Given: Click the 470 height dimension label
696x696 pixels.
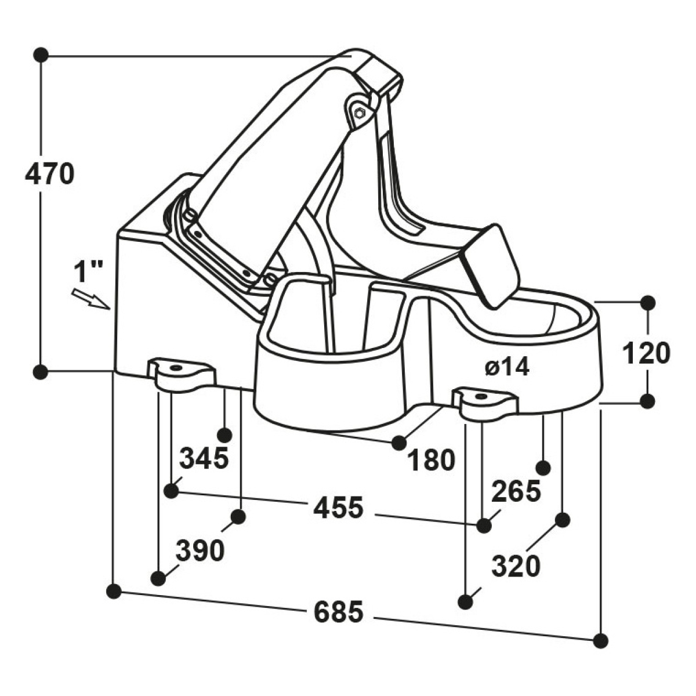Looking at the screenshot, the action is point(49,174).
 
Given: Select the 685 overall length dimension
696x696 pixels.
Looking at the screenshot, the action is point(338,612).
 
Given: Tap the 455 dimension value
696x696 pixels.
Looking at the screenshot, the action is point(338,507).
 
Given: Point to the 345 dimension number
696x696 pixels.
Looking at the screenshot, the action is point(204,458).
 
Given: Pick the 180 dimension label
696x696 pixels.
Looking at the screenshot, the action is point(432,460).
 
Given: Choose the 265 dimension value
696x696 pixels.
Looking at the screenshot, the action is point(516,491).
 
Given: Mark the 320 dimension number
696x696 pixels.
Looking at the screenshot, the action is point(516,565).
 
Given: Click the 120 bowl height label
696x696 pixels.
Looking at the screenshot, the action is point(647,353).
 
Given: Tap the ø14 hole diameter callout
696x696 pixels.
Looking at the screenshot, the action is point(507,368).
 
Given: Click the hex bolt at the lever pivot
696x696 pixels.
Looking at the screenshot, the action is point(359,113).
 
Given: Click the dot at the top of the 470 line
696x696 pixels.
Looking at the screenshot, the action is point(41,55).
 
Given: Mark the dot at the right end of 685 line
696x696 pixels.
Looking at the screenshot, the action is point(601,641).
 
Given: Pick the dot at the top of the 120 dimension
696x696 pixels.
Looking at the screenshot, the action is point(648,302).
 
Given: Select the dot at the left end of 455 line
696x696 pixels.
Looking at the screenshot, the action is point(171,491).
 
